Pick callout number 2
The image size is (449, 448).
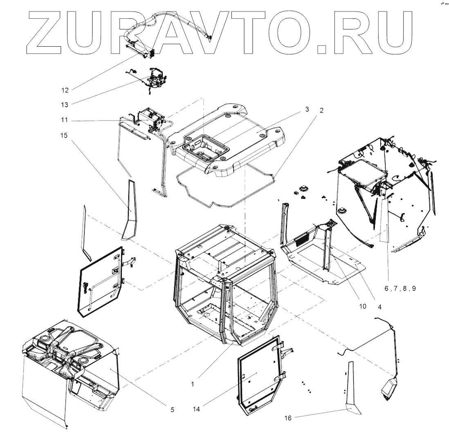tap(321, 110)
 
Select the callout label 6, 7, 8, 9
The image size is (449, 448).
tap(400, 288)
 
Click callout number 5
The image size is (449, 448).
tap(172, 409)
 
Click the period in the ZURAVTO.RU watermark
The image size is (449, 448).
tap(323, 49)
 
